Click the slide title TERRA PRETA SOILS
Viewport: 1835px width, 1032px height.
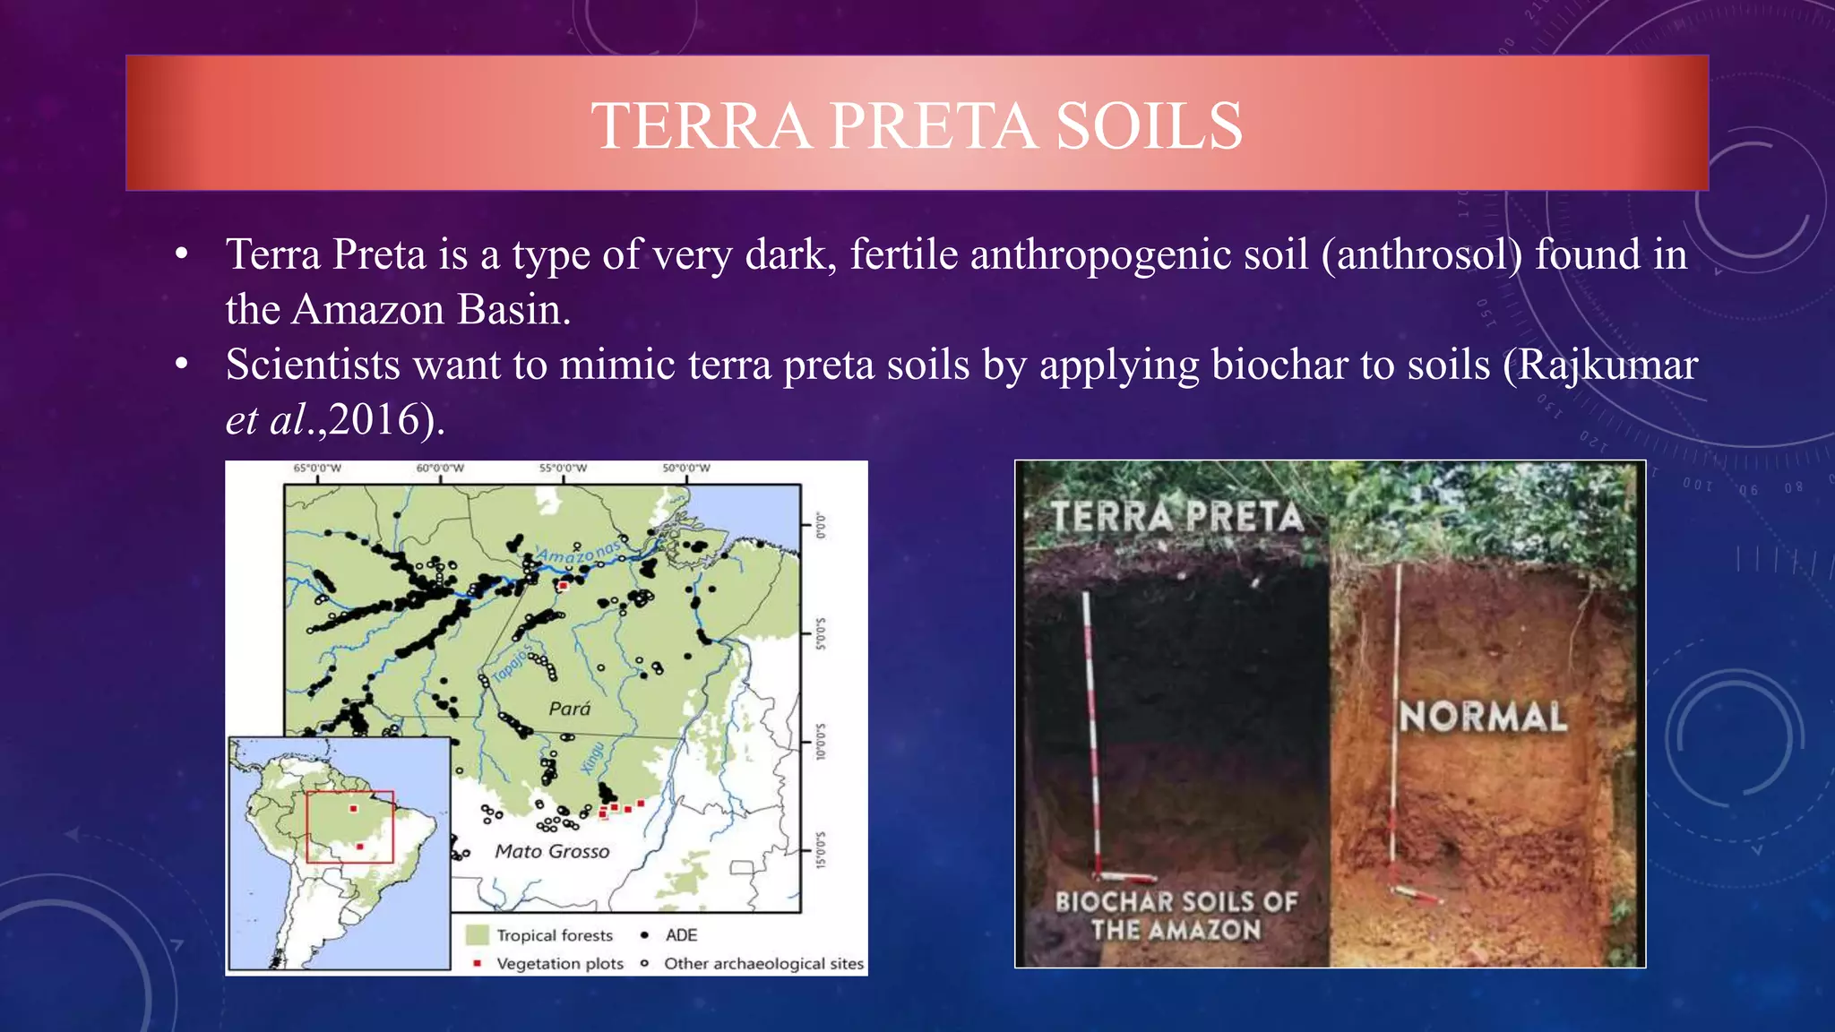(917, 125)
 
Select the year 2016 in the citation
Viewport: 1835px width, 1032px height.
(375, 419)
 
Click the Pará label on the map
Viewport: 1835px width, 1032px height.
(570, 709)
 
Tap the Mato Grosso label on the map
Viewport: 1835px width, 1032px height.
(552, 851)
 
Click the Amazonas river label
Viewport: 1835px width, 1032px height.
(578, 554)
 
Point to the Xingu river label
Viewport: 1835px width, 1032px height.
(593, 757)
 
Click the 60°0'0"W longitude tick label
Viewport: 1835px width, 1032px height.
(440, 468)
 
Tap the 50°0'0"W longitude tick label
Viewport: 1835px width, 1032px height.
(686, 468)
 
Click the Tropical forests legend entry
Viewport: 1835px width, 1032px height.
(555, 935)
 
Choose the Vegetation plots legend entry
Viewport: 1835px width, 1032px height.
(559, 964)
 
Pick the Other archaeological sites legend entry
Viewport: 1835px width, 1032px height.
(763, 964)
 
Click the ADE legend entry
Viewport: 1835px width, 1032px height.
(681, 935)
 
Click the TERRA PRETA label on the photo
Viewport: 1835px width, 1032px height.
(1176, 517)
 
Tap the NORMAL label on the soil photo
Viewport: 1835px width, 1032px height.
(1483, 717)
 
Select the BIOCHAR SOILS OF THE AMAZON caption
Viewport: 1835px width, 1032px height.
(1176, 916)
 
